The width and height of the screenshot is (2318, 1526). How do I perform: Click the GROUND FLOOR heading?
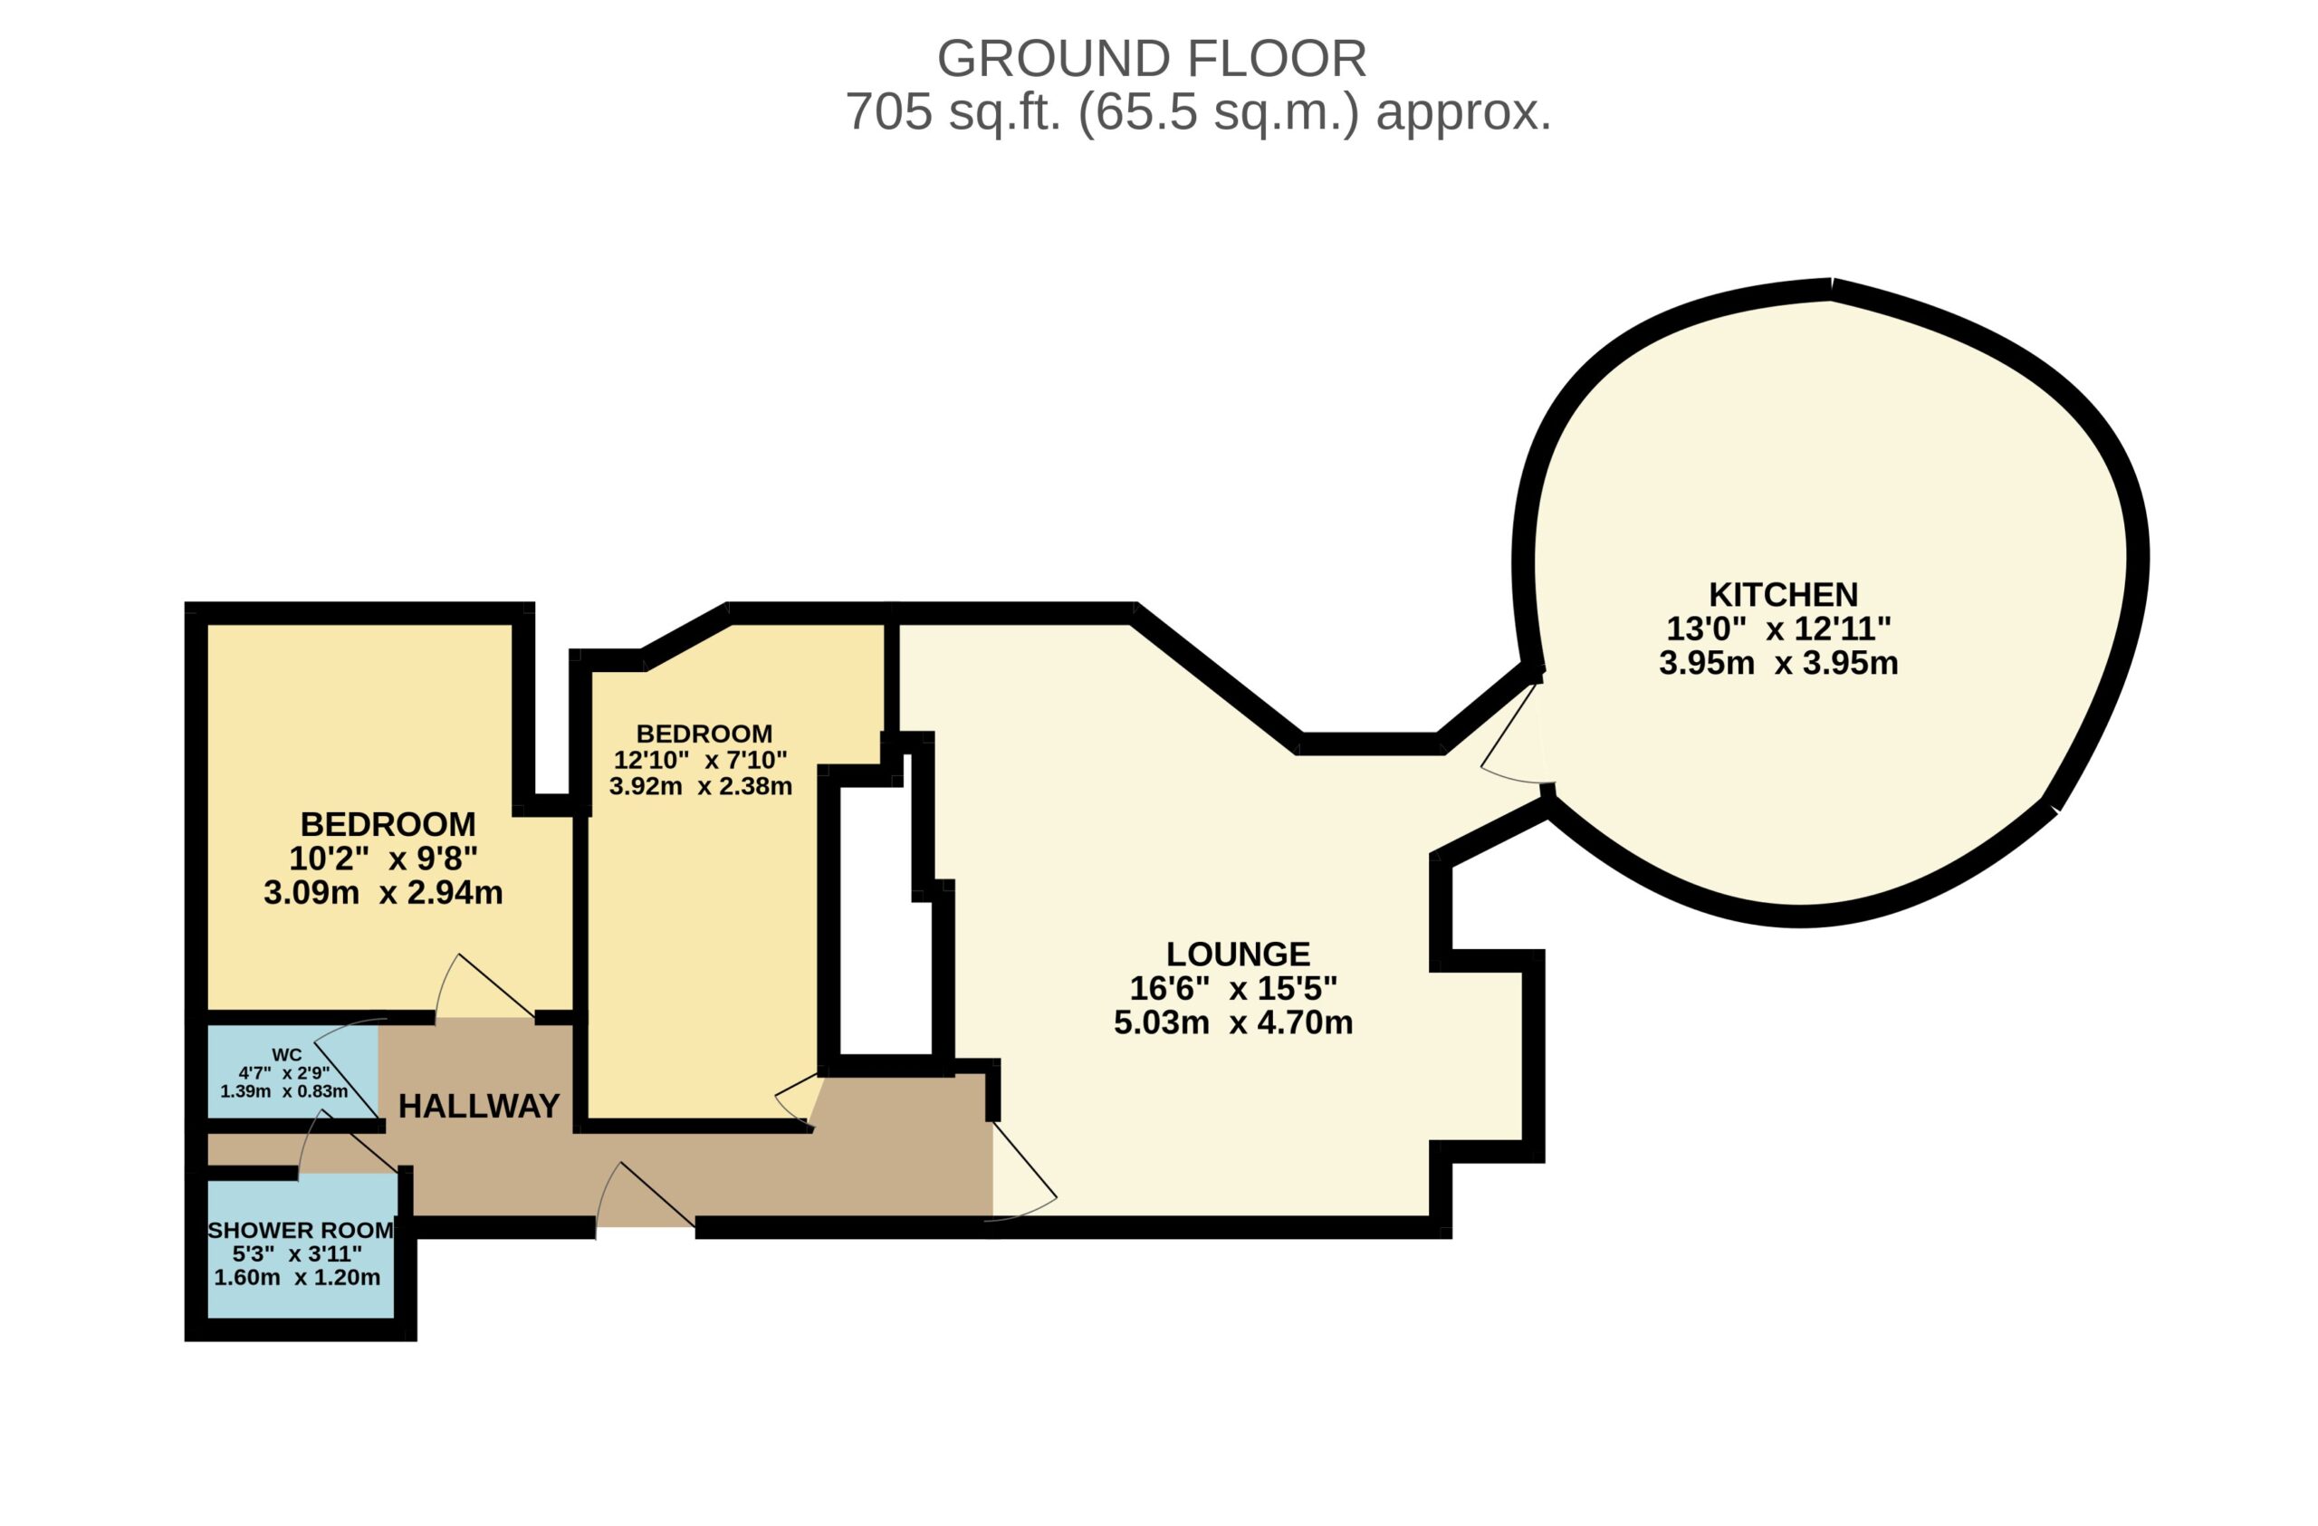1151,59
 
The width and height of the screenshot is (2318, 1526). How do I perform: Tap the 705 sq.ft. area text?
1197,113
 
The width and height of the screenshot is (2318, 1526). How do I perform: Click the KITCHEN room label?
1783,594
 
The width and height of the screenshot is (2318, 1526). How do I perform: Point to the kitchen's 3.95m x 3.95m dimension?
1778,663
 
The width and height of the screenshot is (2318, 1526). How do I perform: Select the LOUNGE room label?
1238,954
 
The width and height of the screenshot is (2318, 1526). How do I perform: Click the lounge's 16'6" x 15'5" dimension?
1233,988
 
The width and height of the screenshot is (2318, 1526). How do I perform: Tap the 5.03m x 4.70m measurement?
1233,1022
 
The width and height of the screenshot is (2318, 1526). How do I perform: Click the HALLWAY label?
479,1107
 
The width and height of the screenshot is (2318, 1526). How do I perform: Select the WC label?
286,1055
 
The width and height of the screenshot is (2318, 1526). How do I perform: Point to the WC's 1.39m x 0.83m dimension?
283,1091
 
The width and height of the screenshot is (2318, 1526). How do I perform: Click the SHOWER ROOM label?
301,1230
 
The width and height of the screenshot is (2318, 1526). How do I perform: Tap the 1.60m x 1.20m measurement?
297,1278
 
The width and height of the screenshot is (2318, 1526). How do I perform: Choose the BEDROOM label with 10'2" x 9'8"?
388,824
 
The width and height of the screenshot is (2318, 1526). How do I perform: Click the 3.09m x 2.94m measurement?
383,892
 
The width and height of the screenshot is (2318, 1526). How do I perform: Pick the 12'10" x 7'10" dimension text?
700,760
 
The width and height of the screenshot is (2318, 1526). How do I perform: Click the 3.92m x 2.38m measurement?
700,786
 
